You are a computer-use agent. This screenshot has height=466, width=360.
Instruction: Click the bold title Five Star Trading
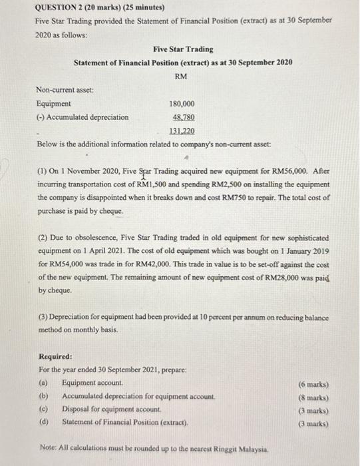[x=183, y=49]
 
